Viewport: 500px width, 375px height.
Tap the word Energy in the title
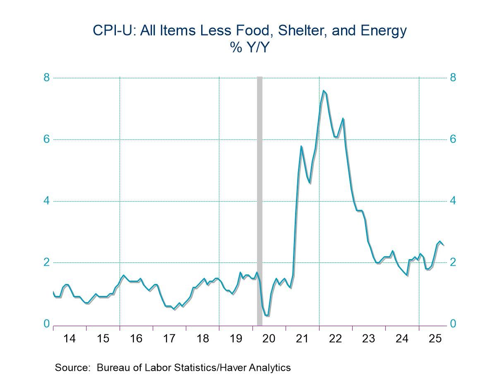(x=383, y=31)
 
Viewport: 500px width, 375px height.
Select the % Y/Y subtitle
(x=250, y=48)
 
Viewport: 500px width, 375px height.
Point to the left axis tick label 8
(x=46, y=77)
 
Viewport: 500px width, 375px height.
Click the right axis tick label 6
(x=453, y=139)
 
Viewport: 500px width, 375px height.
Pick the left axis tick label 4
(x=46, y=201)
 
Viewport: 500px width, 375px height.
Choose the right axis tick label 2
(x=453, y=262)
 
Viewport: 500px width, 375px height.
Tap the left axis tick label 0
(x=46, y=324)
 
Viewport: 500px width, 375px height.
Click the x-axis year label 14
(x=70, y=339)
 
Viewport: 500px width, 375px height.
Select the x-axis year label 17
(x=169, y=339)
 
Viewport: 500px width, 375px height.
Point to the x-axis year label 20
(x=269, y=339)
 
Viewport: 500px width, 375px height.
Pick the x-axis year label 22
(x=335, y=339)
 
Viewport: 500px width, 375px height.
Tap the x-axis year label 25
(x=435, y=339)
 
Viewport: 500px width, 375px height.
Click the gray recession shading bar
(x=260, y=199)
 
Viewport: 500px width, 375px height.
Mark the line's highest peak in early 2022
(x=323, y=91)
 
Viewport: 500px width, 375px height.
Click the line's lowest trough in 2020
(x=267, y=316)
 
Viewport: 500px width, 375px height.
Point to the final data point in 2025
(x=444, y=245)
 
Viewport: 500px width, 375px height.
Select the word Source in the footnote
(x=72, y=368)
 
